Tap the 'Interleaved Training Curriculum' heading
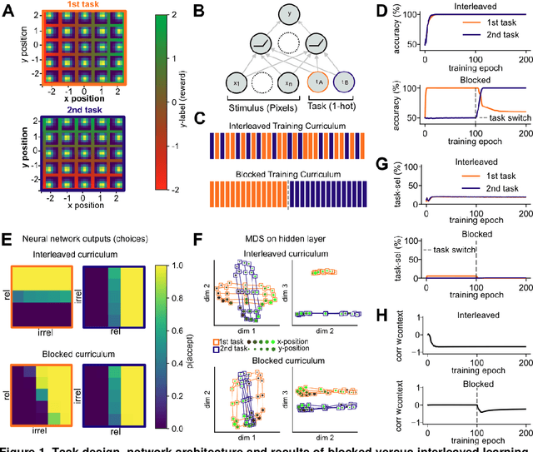286,126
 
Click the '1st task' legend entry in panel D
489,34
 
